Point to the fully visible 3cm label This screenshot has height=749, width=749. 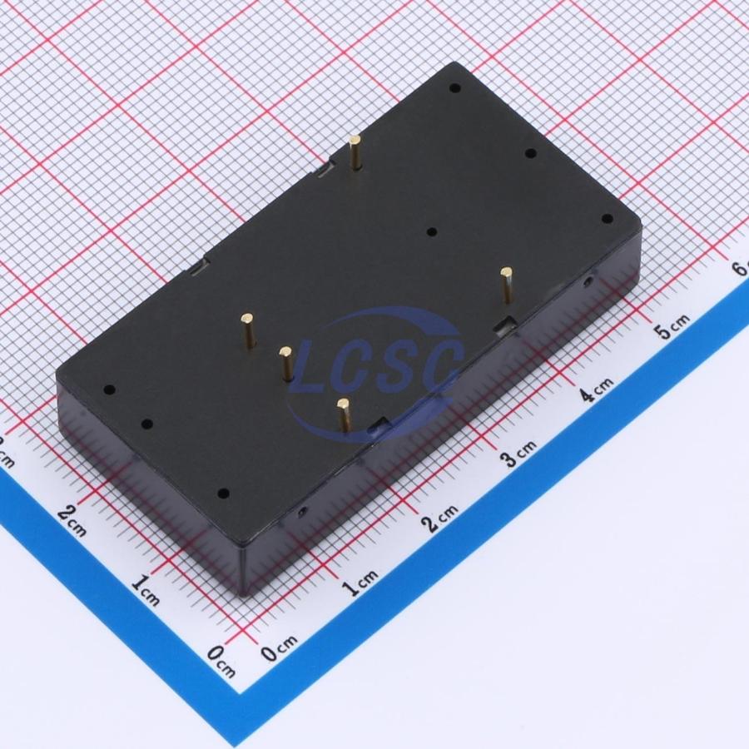click(x=518, y=453)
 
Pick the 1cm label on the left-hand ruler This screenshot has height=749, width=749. click(x=145, y=591)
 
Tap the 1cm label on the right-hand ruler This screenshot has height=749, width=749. click(x=362, y=583)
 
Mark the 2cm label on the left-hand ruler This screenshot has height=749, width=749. click(x=72, y=520)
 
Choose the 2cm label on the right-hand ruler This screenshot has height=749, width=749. click(x=440, y=518)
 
